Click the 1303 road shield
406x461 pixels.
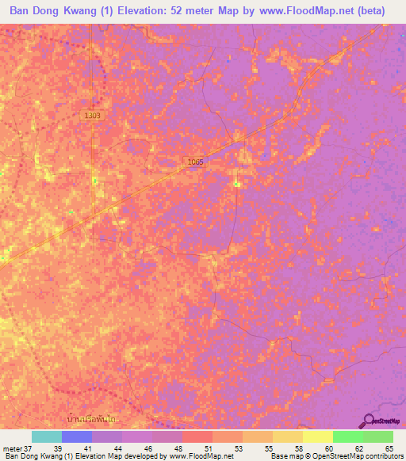[x=93, y=116]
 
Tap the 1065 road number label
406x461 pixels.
[x=196, y=162]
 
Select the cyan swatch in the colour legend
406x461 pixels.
[x=47, y=436]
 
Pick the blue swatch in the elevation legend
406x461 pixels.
[x=77, y=436]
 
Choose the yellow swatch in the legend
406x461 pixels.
[x=318, y=436]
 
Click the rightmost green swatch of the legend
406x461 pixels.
[x=378, y=436]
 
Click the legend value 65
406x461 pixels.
[x=389, y=448]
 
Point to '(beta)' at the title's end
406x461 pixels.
[x=370, y=11]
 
